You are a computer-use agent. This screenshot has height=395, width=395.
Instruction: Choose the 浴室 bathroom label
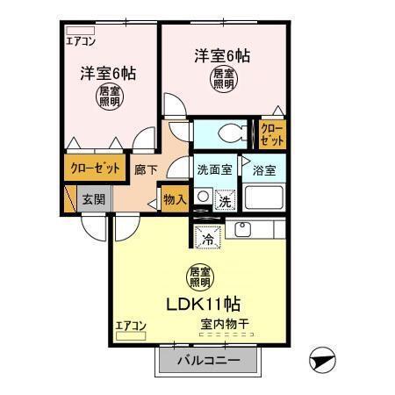(262, 169)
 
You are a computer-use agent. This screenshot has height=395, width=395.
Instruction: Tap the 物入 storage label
(175, 199)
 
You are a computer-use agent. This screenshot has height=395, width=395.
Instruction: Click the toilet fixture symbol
(229, 133)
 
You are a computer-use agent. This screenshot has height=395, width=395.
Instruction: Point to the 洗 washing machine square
(225, 200)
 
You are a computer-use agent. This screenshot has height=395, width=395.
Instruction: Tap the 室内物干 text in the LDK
(224, 326)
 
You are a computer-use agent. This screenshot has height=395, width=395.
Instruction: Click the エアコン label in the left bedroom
(82, 40)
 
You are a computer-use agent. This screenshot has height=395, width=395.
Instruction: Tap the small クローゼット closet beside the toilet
(272, 133)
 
